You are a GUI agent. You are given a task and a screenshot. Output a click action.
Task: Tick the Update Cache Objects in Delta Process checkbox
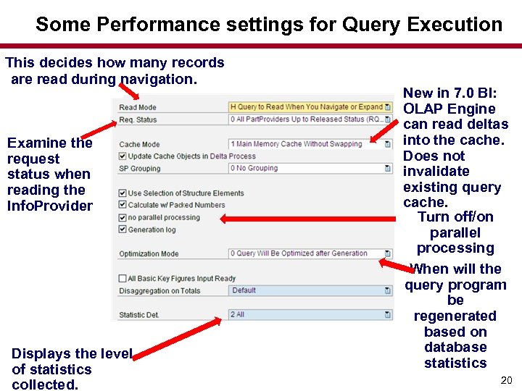coord(123,156)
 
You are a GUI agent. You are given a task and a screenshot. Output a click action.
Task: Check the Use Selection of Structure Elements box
coord(123,193)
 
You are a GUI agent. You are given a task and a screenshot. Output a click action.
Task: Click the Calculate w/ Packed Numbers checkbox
coord(123,205)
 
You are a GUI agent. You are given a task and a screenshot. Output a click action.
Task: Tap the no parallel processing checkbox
coord(123,217)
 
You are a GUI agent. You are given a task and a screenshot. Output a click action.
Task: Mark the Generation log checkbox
coord(123,230)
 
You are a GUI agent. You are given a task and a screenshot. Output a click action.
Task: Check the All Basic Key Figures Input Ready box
coord(123,279)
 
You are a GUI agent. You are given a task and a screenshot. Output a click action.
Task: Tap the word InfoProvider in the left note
coord(50,206)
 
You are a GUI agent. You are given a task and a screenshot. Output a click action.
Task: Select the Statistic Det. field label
coord(139,315)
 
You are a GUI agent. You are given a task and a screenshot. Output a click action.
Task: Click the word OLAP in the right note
coord(423,109)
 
